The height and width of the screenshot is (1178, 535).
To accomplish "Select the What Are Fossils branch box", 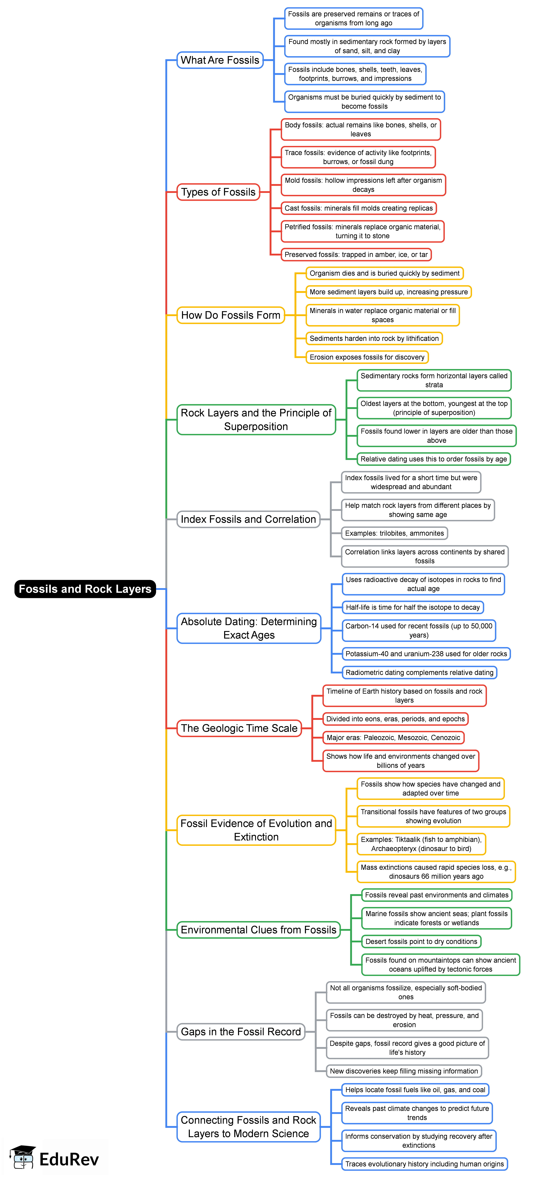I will point(220,60).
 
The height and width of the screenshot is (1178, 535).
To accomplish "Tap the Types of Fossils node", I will point(218,192).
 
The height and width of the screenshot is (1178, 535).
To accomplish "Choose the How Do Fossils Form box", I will point(230,315).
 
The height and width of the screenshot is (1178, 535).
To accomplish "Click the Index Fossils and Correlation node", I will point(248,519).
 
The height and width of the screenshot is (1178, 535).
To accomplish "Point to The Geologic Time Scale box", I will point(239,728).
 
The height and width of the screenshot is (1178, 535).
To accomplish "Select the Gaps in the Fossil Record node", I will point(241,1032).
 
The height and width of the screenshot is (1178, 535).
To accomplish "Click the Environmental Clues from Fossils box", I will point(258,930).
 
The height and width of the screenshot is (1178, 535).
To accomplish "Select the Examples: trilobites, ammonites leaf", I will point(394,533).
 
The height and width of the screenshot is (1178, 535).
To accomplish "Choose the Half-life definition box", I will point(413,607).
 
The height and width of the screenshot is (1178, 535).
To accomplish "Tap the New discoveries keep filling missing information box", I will point(404,1071).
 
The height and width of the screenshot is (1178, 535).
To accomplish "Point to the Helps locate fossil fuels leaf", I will point(415,1090).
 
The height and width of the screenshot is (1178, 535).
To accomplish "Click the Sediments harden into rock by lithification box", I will point(374,338).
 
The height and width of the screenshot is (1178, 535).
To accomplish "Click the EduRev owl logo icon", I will point(23,1157).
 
